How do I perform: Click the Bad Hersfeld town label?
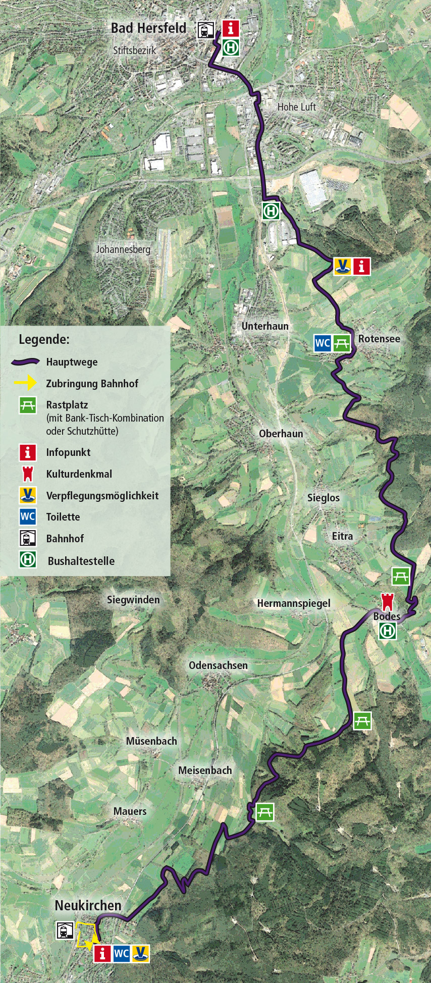[x=148, y=28]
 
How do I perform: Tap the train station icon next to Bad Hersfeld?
[x=205, y=30]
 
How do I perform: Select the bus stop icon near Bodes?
[x=388, y=631]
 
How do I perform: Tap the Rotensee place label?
[x=379, y=339]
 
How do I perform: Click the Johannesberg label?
[x=123, y=249]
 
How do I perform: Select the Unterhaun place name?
[x=265, y=326]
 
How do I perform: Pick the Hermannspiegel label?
[x=294, y=603]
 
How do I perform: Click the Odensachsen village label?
[x=218, y=665]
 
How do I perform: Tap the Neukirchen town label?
[x=88, y=905]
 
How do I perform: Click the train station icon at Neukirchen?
[x=65, y=930]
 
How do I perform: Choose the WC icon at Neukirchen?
[x=121, y=954]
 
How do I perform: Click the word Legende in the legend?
[x=44, y=339]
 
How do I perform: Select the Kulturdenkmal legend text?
[x=79, y=474]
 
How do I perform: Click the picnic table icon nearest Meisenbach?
[x=264, y=812]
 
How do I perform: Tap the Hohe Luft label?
[x=297, y=107]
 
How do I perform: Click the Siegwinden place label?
[x=133, y=600]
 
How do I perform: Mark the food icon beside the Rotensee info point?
[x=343, y=266]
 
